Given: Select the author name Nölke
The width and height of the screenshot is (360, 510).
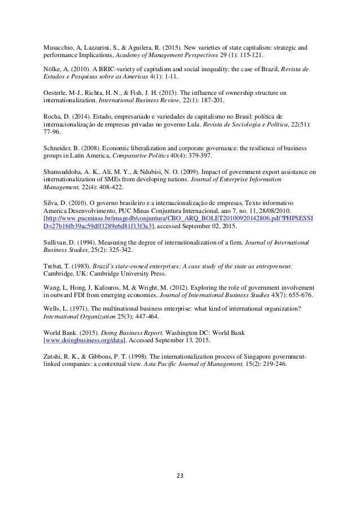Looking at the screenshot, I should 54,69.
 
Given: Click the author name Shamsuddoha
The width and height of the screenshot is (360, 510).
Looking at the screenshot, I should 68,171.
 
